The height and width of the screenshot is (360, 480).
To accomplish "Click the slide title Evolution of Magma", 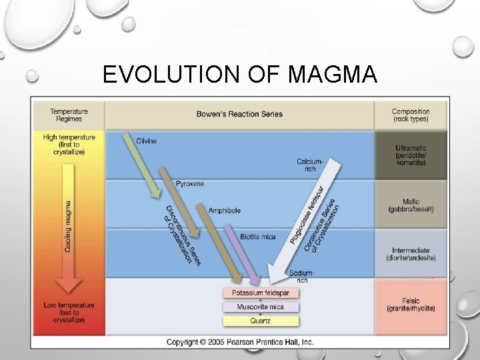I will (x=240, y=73).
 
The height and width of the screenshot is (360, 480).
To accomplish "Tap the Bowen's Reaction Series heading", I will (x=239, y=114).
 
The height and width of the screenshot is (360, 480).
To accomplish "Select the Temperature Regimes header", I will (x=69, y=115).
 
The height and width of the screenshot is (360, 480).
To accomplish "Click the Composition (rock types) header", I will (x=410, y=115).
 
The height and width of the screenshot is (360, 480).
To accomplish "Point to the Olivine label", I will (x=147, y=141).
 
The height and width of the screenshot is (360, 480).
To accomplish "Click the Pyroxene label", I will (x=190, y=183).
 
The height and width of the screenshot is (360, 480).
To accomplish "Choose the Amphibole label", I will (x=224, y=211).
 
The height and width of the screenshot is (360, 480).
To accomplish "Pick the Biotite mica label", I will (x=259, y=237).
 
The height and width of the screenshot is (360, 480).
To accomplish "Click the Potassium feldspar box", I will (x=261, y=293).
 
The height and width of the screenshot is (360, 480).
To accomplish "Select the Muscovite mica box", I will (x=261, y=307).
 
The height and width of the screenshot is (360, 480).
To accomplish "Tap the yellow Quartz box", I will (x=261, y=321).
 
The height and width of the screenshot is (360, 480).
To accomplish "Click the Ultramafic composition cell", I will (x=411, y=155).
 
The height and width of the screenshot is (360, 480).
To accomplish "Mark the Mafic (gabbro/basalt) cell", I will (x=411, y=205).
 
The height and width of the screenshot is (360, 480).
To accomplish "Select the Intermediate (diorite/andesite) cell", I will (x=411, y=254).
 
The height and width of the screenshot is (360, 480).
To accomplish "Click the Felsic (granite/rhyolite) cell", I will (x=411, y=304).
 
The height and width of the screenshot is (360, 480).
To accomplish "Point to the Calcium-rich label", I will (x=311, y=165).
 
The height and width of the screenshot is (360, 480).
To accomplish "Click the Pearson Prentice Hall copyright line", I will (x=239, y=341).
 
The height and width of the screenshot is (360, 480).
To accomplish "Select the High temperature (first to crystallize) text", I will (x=69, y=144).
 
